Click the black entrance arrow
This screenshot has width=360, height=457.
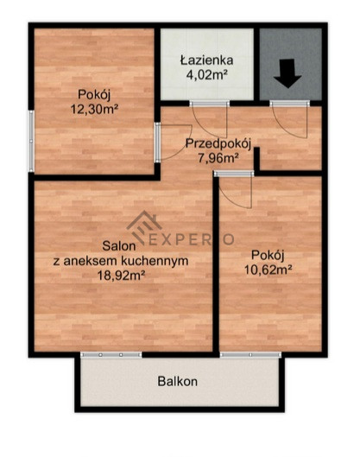tap(287, 73)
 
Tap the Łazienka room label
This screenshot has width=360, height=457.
tap(207, 60)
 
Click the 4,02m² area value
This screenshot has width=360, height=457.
tap(207, 75)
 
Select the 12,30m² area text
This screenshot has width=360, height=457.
tap(94, 110)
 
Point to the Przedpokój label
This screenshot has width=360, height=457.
tap(218, 143)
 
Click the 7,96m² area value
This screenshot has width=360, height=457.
tap(218, 159)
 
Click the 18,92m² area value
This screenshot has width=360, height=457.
tap(121, 276)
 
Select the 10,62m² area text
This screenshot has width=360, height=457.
tap(268, 270)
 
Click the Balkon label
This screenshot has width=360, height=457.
tap(177, 381)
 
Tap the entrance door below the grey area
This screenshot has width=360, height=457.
tap(289, 120)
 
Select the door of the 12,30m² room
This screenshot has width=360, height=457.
tap(173, 143)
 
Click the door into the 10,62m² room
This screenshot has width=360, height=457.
tap(234, 189)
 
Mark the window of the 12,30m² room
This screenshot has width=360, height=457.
tap(31, 141)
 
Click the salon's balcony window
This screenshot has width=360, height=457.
tap(111, 355)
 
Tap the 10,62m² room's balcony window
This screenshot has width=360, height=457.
tap(250, 355)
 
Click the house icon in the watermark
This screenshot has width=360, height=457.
tap(144, 227)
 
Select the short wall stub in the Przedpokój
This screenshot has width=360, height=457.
tap(256, 159)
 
